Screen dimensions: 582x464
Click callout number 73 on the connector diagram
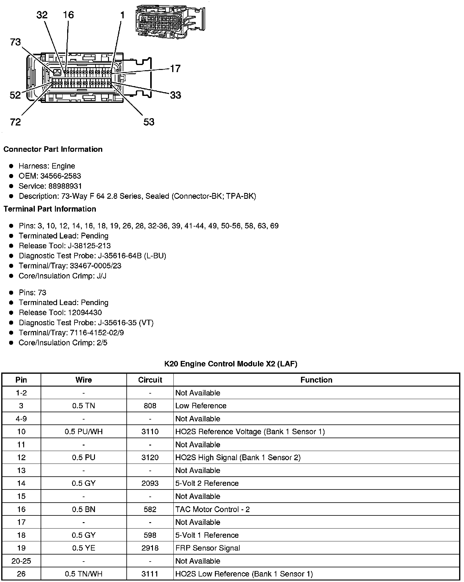point(15,42)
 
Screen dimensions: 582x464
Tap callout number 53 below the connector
point(149,122)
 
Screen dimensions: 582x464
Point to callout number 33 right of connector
point(175,95)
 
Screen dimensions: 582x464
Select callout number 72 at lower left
point(15,122)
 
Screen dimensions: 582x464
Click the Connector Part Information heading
point(53,149)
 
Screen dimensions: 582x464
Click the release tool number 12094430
point(83,313)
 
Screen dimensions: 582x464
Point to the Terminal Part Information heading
point(50,209)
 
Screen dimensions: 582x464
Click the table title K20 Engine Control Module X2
point(230,364)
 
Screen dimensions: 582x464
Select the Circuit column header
point(150,380)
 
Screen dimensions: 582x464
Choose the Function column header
point(316,380)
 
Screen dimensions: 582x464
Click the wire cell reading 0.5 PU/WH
point(84,431)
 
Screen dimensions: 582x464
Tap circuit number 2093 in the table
point(150,483)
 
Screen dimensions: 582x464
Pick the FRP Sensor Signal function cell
point(208,548)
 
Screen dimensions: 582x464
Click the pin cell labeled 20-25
point(21,561)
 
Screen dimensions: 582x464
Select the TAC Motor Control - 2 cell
point(212,509)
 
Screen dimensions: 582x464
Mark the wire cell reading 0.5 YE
point(84,548)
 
